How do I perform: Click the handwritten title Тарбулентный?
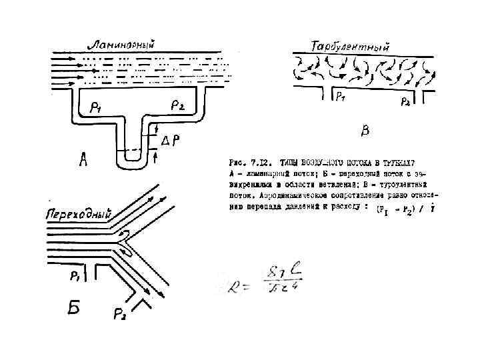click(351, 47)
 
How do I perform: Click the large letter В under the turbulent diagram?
click(365, 131)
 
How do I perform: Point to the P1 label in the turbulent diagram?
click(340, 96)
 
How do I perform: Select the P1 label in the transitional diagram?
click(76, 275)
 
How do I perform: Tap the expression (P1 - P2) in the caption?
click(399, 210)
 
